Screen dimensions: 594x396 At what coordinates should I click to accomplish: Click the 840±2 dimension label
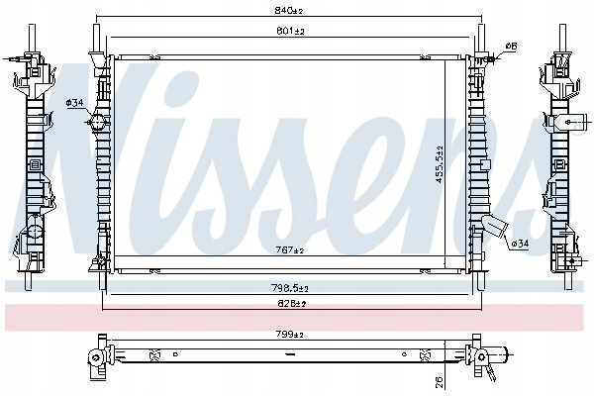[289, 11]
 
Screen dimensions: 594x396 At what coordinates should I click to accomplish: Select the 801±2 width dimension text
[290, 31]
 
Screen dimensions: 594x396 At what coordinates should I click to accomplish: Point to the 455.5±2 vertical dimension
[440, 164]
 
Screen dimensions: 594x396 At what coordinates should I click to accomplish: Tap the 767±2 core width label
[290, 250]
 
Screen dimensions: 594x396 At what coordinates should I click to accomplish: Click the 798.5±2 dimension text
[290, 288]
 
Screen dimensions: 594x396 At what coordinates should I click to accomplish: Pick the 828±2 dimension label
[292, 304]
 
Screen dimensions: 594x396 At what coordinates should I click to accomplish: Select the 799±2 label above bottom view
[290, 335]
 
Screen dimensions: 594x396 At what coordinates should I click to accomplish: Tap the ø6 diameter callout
[511, 47]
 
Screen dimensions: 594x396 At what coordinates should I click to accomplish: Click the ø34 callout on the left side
[74, 102]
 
